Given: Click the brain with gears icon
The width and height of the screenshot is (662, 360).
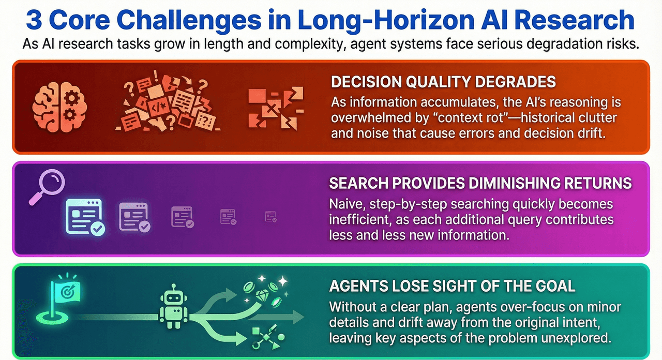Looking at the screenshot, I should click(54, 106).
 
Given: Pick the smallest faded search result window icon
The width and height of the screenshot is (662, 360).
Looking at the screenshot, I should click(270, 217).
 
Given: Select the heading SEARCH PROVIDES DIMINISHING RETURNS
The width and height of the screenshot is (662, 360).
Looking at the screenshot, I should click(480, 183).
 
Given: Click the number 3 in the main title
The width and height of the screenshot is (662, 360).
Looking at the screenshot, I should click(35, 21).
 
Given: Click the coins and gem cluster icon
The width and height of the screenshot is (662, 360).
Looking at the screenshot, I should click(266, 289).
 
